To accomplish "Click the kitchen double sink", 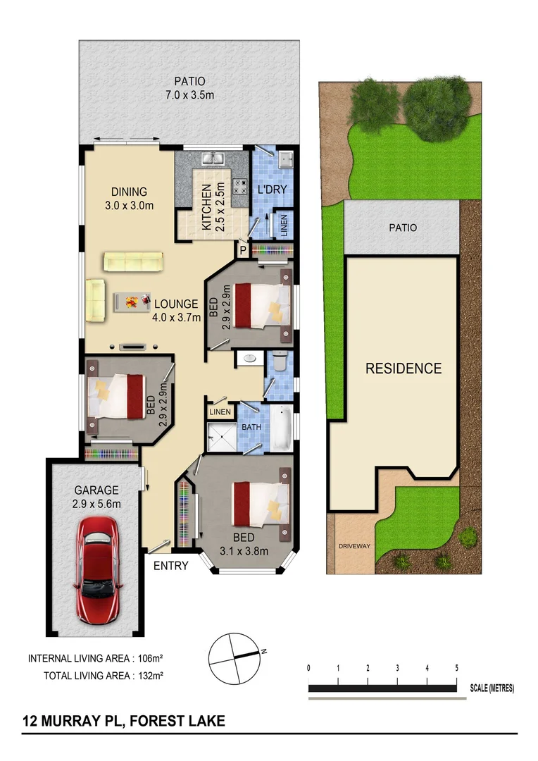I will point(212,159).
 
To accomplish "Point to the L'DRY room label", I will point(269,190).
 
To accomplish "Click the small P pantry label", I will point(243,249).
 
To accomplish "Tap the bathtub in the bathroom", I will point(281,428).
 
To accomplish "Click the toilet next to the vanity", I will point(280,361).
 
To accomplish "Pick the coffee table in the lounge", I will point(132,302).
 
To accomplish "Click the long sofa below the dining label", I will point(133,262).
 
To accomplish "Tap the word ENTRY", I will point(170,565).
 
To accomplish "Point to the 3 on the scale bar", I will point(398,668).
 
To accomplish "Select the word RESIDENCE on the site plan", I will point(403,369).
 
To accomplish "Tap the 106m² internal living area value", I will point(151,659).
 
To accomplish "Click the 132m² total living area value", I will point(151,676).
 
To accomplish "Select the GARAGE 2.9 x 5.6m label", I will point(97,497).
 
